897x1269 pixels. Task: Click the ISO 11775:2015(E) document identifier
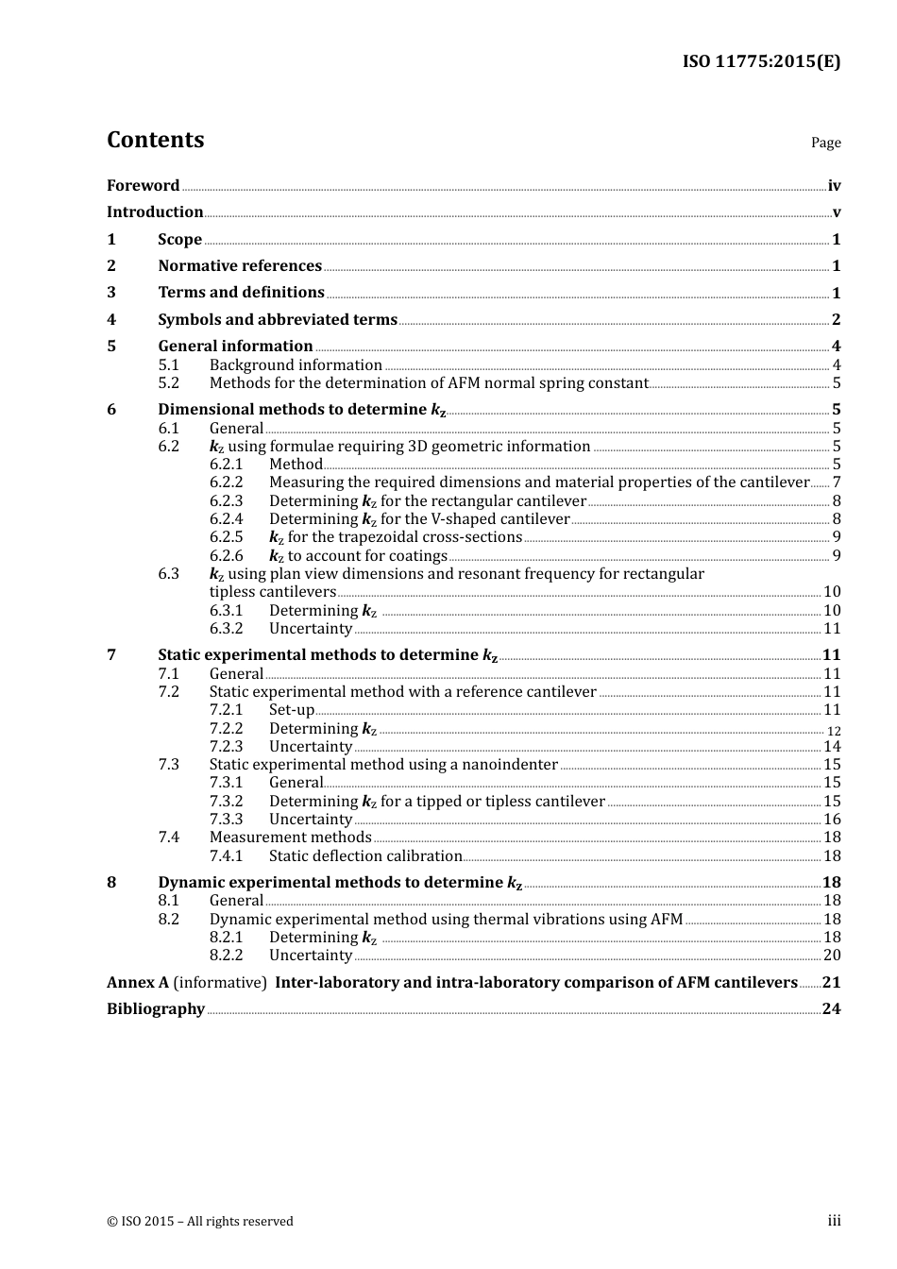pyautogui.click(x=761, y=62)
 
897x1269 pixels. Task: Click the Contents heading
pyautogui.click(x=155, y=140)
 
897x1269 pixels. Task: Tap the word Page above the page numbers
pyautogui.click(x=825, y=143)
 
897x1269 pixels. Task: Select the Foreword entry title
pyautogui.click(x=143, y=186)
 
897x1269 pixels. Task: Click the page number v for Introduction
pyautogui.click(x=836, y=212)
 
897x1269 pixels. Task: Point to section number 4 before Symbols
pyautogui.click(x=111, y=320)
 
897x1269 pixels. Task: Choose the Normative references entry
pyautogui.click(x=240, y=266)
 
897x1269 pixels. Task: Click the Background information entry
pyautogui.click(x=296, y=365)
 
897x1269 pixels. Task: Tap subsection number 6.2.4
pyautogui.click(x=227, y=519)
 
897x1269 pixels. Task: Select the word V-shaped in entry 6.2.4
pyautogui.click(x=534, y=519)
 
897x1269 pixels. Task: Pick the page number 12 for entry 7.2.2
pyautogui.click(x=834, y=730)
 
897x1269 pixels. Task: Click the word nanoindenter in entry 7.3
pyautogui.click(x=511, y=765)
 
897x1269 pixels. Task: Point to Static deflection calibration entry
pyautogui.click(x=365, y=856)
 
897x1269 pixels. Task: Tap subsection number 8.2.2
pyautogui.click(x=227, y=956)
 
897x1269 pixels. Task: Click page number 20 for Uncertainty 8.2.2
pyautogui.click(x=832, y=956)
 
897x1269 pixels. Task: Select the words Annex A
pyautogui.click(x=138, y=983)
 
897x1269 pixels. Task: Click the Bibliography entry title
pyautogui.click(x=156, y=1009)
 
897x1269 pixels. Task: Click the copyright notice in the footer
pyautogui.click(x=200, y=1222)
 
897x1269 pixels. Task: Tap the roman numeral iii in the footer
pyautogui.click(x=834, y=1221)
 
